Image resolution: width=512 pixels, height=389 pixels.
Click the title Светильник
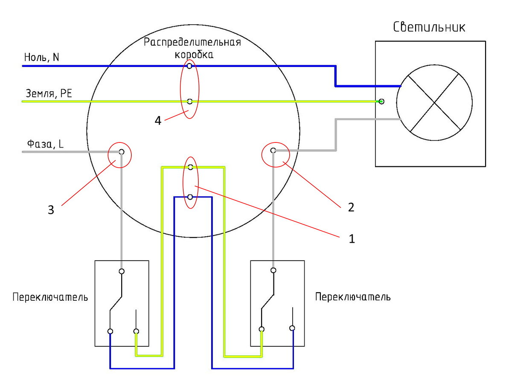pos(429,27)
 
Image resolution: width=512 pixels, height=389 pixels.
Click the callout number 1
pos(352,239)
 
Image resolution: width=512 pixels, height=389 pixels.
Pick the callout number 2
pos(351,208)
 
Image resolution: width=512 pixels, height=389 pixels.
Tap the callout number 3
pos(51,210)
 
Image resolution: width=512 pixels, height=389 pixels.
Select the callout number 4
pos(158,121)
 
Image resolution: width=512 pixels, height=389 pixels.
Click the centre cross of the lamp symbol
pos(434,102)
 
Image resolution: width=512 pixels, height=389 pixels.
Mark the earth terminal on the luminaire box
pos(381,102)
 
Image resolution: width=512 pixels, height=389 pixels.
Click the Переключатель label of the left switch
pos(50,297)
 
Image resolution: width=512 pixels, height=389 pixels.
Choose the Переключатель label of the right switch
pos(353,297)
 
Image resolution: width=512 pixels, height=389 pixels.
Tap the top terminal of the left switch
pos(122,271)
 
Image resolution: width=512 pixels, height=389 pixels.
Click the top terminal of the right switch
pos(273,270)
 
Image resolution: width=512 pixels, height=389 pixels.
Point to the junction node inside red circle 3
pos(122,152)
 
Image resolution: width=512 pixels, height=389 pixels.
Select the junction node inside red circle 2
pos(273,151)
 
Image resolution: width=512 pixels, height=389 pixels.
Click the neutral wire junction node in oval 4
pos(189,66)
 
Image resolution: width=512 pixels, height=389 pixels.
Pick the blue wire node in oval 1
pos(190,197)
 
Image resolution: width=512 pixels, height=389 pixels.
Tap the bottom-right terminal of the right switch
pos(292,328)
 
